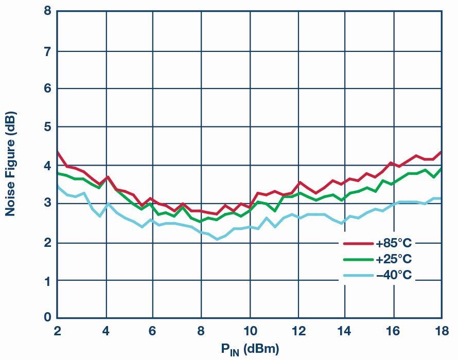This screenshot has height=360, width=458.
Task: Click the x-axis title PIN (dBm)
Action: (x=250, y=350)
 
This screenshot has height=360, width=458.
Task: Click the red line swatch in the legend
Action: (x=359, y=243)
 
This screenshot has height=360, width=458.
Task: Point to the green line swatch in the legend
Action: (x=359, y=259)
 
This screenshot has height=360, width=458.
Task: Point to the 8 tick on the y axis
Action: (x=48, y=11)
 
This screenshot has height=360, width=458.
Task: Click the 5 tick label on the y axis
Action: (x=48, y=127)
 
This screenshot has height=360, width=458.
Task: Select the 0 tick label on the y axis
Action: (x=48, y=317)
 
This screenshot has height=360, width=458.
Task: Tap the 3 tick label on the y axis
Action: (x=48, y=204)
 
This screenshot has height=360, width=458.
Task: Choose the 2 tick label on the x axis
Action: (x=57, y=331)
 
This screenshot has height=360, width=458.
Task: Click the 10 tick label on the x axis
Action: (x=250, y=331)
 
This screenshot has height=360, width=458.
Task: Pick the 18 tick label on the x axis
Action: (x=441, y=331)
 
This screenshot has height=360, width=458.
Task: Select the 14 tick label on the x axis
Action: (x=345, y=331)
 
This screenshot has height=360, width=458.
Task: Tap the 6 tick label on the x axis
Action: (x=153, y=331)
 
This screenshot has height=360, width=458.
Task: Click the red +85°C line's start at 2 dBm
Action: (x=58, y=152)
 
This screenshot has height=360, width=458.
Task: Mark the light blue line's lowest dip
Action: (x=217, y=239)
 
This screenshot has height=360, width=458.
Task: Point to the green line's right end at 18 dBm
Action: (x=441, y=169)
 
